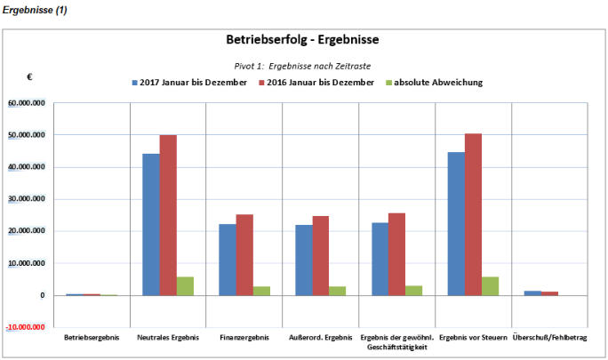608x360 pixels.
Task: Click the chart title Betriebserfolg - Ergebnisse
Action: click(x=303, y=40)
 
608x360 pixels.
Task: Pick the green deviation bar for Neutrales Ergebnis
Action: click(x=184, y=285)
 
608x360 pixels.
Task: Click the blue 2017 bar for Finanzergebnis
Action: click(x=227, y=260)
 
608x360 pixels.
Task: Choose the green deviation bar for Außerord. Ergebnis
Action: click(x=337, y=291)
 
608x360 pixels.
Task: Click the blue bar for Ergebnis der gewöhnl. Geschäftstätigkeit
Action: click(x=380, y=259)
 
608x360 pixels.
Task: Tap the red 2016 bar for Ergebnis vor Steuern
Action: click(x=473, y=214)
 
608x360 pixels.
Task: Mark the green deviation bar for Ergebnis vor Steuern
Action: click(x=490, y=285)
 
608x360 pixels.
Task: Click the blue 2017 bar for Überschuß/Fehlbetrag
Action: click(x=532, y=292)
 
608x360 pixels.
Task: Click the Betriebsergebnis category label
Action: click(x=92, y=338)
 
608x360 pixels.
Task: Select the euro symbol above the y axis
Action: click(x=29, y=77)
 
